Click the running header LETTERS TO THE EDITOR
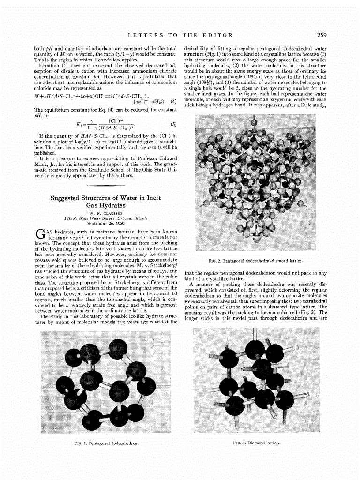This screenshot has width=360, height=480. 180,35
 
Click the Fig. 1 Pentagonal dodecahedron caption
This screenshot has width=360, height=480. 109,442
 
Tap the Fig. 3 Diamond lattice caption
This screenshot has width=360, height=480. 256,442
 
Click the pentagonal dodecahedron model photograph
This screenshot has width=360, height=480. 109,382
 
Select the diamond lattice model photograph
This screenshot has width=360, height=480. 256,382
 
